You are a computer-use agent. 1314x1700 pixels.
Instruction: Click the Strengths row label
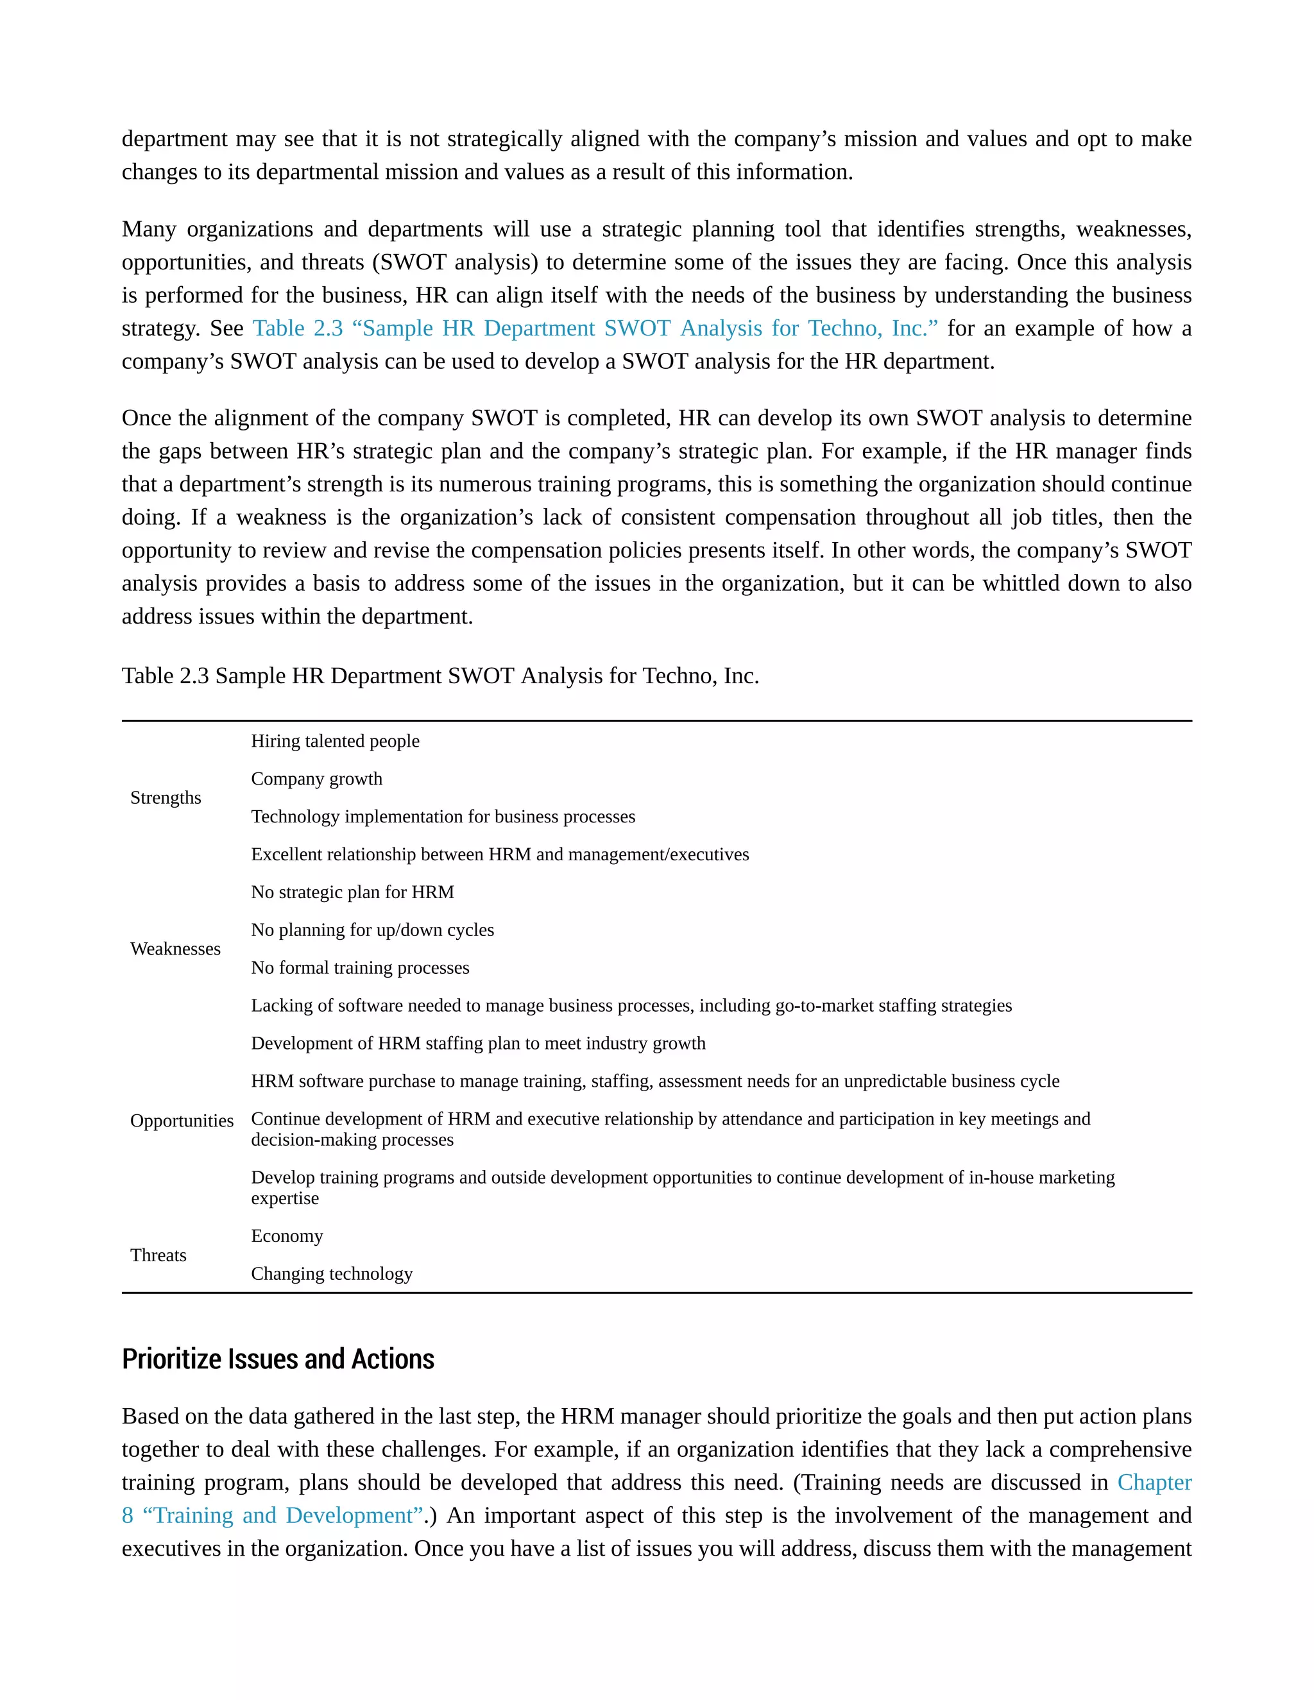click(x=165, y=798)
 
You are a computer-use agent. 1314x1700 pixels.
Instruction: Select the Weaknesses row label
click(x=175, y=949)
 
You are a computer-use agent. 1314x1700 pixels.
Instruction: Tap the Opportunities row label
click(x=182, y=1121)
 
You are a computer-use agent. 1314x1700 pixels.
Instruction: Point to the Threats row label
click(x=158, y=1255)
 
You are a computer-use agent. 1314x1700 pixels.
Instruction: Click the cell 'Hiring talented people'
click(x=335, y=741)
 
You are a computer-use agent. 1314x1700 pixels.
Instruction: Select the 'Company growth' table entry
click(x=316, y=779)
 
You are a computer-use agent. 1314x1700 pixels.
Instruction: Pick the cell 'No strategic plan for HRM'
click(x=352, y=892)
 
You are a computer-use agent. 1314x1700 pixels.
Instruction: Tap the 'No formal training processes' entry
click(x=360, y=967)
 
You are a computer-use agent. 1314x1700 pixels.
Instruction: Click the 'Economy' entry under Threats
click(x=286, y=1236)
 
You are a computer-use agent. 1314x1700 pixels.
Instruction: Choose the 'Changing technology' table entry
click(x=332, y=1273)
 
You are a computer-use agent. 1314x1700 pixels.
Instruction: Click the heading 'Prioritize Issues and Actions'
click(x=278, y=1359)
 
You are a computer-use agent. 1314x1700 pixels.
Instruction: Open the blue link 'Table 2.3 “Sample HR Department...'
click(x=595, y=328)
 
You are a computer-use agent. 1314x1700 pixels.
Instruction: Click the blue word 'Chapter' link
click(x=1154, y=1482)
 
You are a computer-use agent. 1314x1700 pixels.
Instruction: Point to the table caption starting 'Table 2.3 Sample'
click(x=439, y=676)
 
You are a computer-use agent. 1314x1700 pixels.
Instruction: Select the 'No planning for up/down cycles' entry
click(x=372, y=930)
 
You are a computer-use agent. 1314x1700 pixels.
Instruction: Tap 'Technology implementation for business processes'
click(x=443, y=817)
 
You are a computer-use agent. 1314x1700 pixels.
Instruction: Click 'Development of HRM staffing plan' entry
click(x=478, y=1043)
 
